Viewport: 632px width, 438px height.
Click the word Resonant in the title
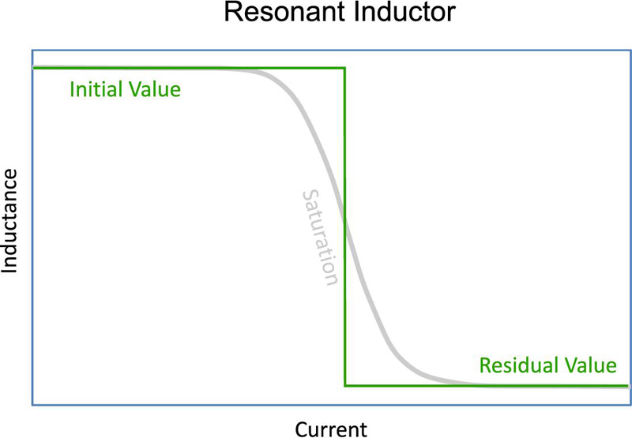(x=284, y=12)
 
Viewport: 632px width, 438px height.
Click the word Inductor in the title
(x=404, y=12)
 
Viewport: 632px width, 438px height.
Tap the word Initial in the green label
(x=95, y=89)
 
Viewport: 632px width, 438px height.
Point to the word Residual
(x=518, y=365)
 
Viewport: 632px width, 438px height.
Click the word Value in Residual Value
(x=589, y=365)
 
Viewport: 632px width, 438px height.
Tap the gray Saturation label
(x=320, y=238)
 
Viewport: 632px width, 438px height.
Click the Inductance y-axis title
(x=9, y=221)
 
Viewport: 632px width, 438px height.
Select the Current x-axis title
(x=331, y=429)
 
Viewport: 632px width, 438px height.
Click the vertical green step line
(x=344, y=226)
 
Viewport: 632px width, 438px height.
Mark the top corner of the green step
(x=344, y=68)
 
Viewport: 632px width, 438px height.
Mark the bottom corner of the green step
(x=345, y=386)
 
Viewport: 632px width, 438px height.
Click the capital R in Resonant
(x=232, y=12)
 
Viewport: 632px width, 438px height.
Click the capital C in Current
(x=302, y=429)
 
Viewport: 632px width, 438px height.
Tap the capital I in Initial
(x=72, y=89)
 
